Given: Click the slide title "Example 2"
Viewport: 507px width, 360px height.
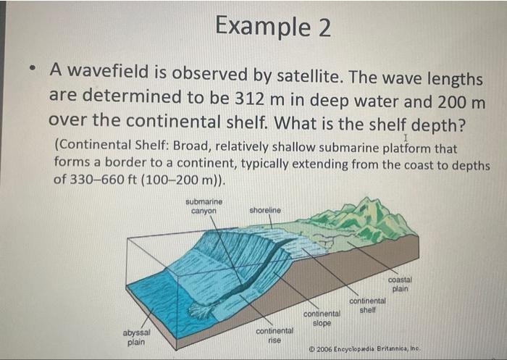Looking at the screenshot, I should (273, 28).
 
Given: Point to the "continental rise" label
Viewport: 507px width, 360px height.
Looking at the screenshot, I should (275, 335).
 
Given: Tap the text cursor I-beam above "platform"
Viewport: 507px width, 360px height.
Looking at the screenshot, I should (406, 137).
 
